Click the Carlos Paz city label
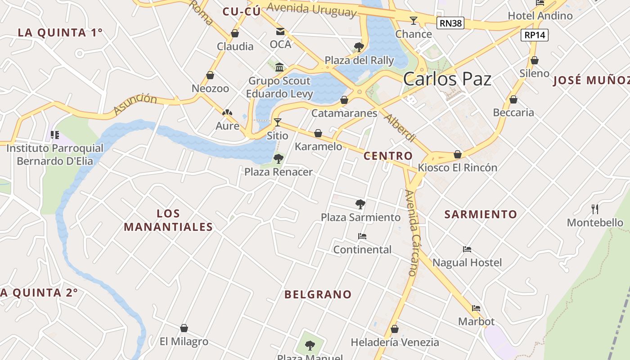(447, 79)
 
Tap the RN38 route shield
(450, 23)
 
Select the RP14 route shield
(535, 35)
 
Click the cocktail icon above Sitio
(278, 122)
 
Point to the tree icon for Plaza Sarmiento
(360, 204)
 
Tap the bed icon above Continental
(362, 236)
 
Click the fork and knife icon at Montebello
(595, 209)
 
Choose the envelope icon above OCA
(280, 31)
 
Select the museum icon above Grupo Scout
(279, 67)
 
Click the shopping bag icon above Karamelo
(318, 133)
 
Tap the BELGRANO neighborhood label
(318, 295)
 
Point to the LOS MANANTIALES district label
(168, 220)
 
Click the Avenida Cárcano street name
(413, 233)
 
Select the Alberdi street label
(399, 128)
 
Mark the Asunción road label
(135, 104)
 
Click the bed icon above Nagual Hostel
(467, 249)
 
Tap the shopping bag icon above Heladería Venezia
(395, 329)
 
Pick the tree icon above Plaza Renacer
(279, 158)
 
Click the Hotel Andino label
(540, 16)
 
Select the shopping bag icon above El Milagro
(184, 328)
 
